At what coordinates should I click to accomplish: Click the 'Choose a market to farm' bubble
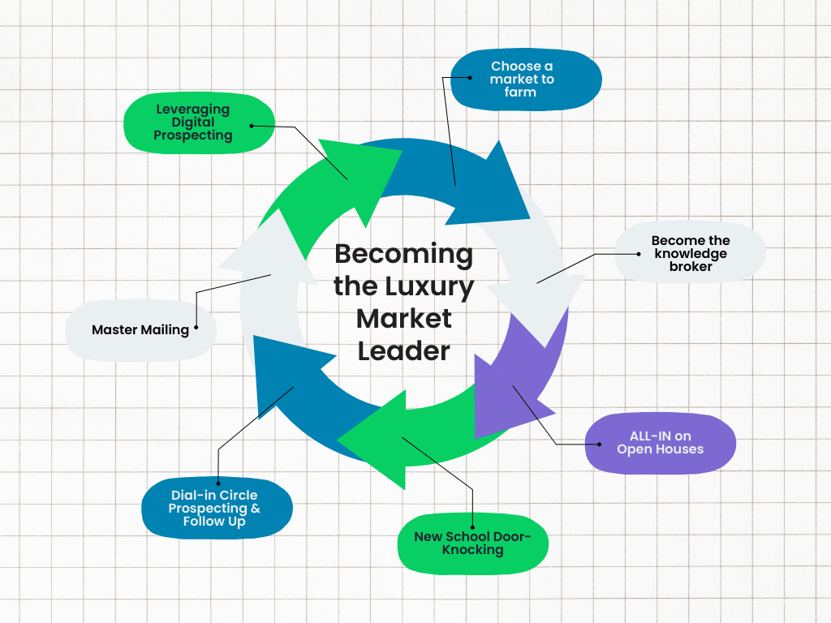[x=526, y=79]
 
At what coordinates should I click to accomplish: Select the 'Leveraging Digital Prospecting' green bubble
[x=199, y=123]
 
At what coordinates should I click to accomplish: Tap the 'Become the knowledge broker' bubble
[x=690, y=253]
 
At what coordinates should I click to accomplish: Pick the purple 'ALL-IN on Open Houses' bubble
[x=660, y=443]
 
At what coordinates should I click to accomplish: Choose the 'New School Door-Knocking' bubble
[x=472, y=543]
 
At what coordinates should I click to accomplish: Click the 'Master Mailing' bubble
[x=140, y=330]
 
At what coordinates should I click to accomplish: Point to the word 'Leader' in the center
[x=403, y=350]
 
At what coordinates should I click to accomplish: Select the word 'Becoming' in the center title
[x=403, y=253]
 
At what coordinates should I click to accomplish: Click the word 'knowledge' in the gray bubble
[x=691, y=253]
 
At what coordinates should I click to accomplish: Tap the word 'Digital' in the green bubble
[x=193, y=122]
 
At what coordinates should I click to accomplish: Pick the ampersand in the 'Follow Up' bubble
[x=255, y=509]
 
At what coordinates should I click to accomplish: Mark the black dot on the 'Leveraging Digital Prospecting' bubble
[x=252, y=126]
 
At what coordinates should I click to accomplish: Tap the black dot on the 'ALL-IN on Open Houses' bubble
[x=599, y=444]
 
